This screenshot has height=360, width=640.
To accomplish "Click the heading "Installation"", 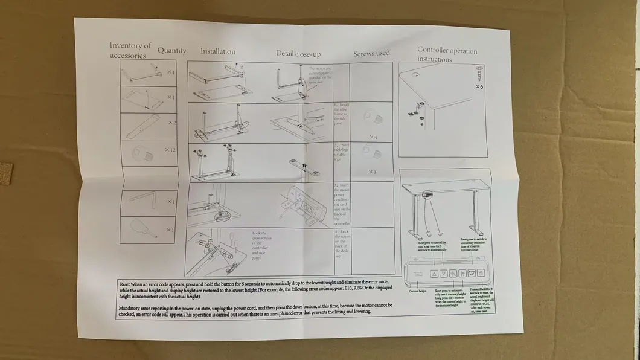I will tap(218, 52).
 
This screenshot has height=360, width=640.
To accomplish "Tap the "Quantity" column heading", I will tap(172, 51).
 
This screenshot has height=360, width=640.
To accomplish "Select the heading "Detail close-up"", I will tap(298, 53).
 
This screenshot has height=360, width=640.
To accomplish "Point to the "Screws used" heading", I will tap(371, 53).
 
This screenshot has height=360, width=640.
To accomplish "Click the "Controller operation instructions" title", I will tap(447, 54).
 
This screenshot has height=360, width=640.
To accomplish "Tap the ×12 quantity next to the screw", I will tap(170, 149).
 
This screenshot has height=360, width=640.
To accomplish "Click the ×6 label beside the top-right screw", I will tap(479, 87).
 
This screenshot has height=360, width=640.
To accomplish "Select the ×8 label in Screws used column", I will tap(373, 172).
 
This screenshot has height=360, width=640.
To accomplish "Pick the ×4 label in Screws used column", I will tap(373, 137).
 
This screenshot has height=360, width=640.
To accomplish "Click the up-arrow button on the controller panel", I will tap(434, 274).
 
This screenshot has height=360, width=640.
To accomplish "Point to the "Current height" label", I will tap(417, 291).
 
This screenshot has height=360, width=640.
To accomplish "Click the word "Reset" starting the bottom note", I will tap(125, 284).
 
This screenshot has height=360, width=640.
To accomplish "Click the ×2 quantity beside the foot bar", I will tap(171, 123).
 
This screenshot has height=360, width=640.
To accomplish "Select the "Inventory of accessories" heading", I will tap(130, 51).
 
